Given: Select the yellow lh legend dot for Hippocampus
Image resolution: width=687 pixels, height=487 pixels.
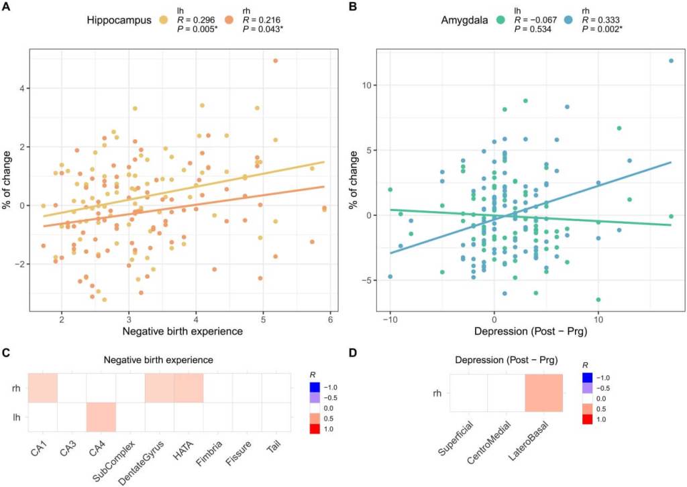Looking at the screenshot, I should coord(163,21).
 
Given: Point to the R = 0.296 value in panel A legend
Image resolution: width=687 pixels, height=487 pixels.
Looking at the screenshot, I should coord(196,21).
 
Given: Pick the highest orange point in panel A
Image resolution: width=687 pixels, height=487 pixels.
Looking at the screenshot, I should coord(275,61).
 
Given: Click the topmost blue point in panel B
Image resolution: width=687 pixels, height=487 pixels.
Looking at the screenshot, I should coord(670,61).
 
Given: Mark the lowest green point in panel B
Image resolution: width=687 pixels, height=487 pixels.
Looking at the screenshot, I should coord(598,299).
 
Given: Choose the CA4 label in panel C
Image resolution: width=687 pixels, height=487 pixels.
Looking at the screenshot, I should coord(101,443).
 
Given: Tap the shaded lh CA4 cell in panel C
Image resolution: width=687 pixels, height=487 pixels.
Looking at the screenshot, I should coord(101,417).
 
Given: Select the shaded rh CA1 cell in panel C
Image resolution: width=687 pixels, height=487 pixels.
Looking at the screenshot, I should coord(42,389).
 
